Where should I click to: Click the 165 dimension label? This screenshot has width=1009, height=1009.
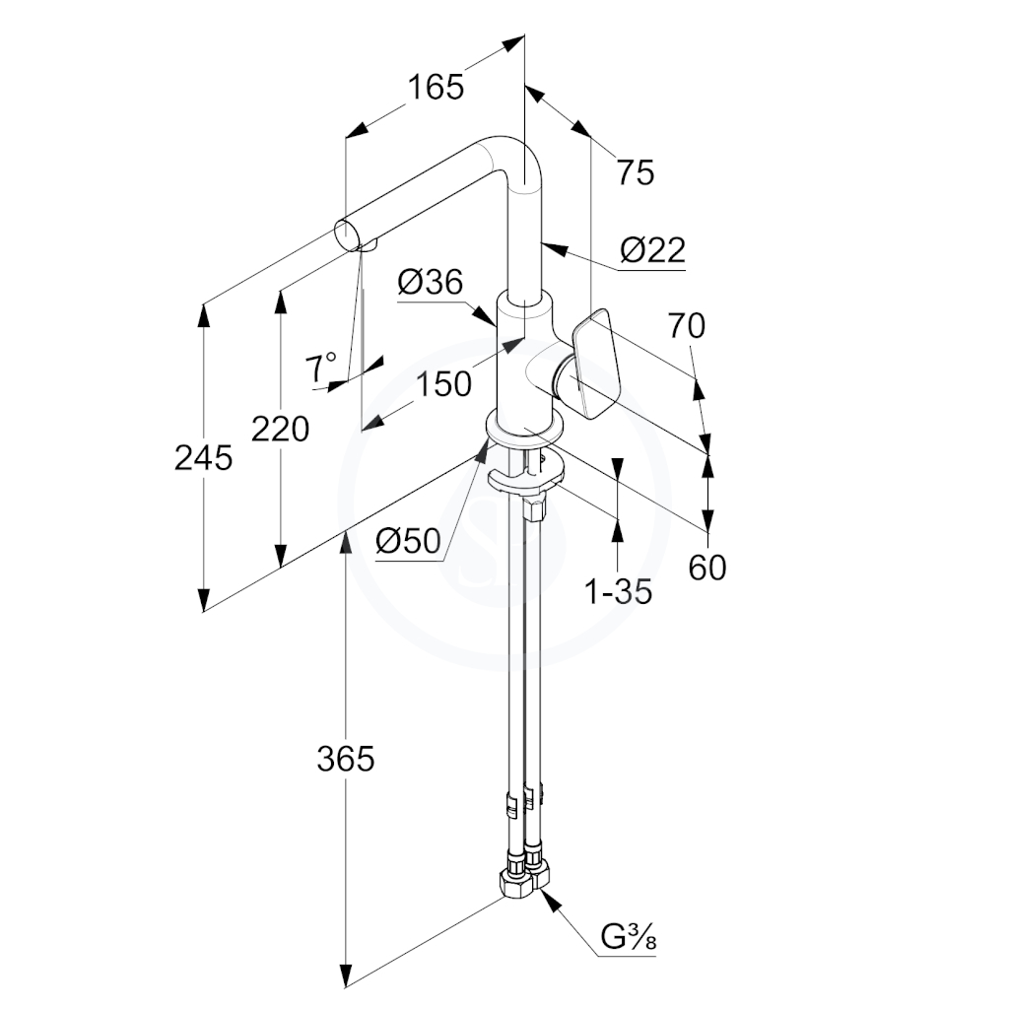pyautogui.click(x=436, y=87)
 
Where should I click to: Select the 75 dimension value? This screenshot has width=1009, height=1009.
pyautogui.click(x=636, y=172)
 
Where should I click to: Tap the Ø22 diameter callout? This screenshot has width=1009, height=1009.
pyautogui.click(x=652, y=249)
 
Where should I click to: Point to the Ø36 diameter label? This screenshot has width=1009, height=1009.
pyautogui.click(x=431, y=282)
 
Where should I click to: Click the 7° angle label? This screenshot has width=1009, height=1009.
pyautogui.click(x=320, y=367)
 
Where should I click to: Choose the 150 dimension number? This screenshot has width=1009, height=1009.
pyautogui.click(x=444, y=385)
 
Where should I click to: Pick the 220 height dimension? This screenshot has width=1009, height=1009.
pyautogui.click(x=280, y=429)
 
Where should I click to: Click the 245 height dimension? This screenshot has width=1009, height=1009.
pyautogui.click(x=203, y=458)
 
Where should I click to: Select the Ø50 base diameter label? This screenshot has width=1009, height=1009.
pyautogui.click(x=409, y=541)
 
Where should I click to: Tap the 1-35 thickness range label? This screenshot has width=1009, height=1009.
pyautogui.click(x=618, y=591)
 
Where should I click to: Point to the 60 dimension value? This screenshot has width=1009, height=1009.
pyautogui.click(x=707, y=568)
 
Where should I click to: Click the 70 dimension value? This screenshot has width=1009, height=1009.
pyautogui.click(x=687, y=325)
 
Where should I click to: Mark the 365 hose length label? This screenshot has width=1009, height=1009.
pyautogui.click(x=346, y=760)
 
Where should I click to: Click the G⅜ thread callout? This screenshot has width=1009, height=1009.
pyautogui.click(x=629, y=938)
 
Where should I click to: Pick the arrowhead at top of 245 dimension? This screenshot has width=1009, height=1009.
pyautogui.click(x=203, y=315)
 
